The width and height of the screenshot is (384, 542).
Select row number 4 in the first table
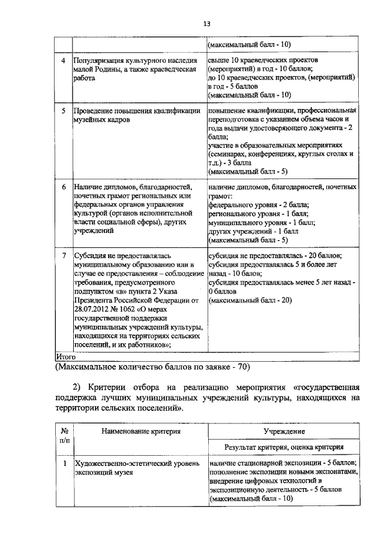click(64, 61)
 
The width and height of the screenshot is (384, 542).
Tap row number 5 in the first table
click(64, 111)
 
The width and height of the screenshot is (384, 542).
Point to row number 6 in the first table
click(64, 187)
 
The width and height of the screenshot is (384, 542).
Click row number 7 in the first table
click(64, 256)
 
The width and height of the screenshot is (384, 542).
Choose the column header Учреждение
click(284, 431)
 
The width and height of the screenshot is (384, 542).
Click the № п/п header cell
click(64, 435)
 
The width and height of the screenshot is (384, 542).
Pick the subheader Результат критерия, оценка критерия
click(284, 447)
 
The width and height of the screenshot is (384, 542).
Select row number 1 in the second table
click(64, 464)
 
